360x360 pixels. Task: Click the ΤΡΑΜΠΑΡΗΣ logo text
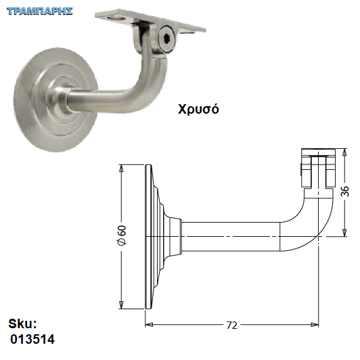coord(40,11)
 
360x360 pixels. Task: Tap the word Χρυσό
coord(198,109)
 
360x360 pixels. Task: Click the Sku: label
coord(22,323)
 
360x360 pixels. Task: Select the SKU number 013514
coord(32,339)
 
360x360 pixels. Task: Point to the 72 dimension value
coord(231,325)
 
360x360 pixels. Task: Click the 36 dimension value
coord(344,191)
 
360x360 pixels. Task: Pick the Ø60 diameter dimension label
coord(122,235)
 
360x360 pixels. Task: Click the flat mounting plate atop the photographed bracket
coord(150,22)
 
